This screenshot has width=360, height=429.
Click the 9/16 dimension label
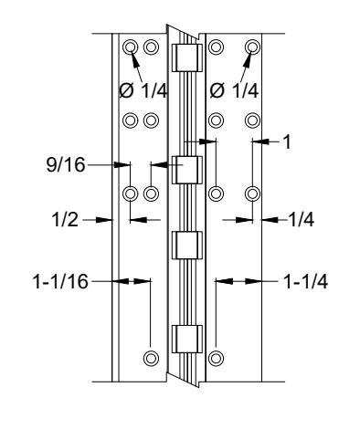[66, 165]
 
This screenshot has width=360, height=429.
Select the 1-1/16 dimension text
[60, 281]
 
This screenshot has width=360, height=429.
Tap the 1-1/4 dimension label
[305, 282]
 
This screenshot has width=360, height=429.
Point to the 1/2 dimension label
[65, 219]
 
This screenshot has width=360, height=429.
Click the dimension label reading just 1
[287, 141]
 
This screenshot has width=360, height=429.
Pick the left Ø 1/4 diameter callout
[143, 90]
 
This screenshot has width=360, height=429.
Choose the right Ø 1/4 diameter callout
[234, 90]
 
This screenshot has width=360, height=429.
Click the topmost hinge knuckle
[187, 58]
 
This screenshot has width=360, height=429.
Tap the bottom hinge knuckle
[187, 340]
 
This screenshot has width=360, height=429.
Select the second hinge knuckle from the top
[187, 170]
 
